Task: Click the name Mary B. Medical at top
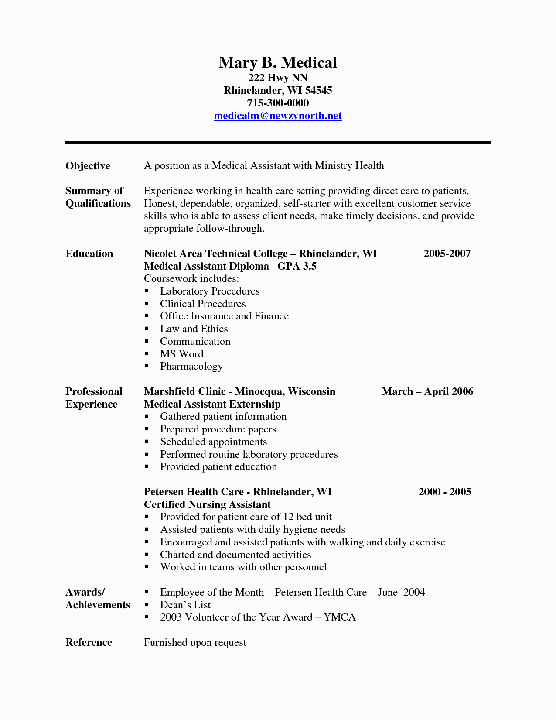point(278,62)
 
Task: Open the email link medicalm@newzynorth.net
point(278,116)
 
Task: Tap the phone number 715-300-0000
point(278,103)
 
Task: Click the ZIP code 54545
point(318,90)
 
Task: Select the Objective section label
point(88,166)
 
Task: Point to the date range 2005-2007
point(447,254)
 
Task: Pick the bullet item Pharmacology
point(191,367)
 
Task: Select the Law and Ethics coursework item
point(194,329)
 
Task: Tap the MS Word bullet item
point(181,354)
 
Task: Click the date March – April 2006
point(427,391)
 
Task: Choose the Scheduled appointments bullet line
point(213,442)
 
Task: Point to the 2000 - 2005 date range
point(445,492)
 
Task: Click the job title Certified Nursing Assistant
point(207,504)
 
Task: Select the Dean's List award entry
point(185,605)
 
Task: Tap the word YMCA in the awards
point(340,617)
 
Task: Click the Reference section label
point(89,642)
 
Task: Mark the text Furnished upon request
point(195,642)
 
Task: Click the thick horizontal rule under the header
point(278,142)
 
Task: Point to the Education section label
point(89,254)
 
